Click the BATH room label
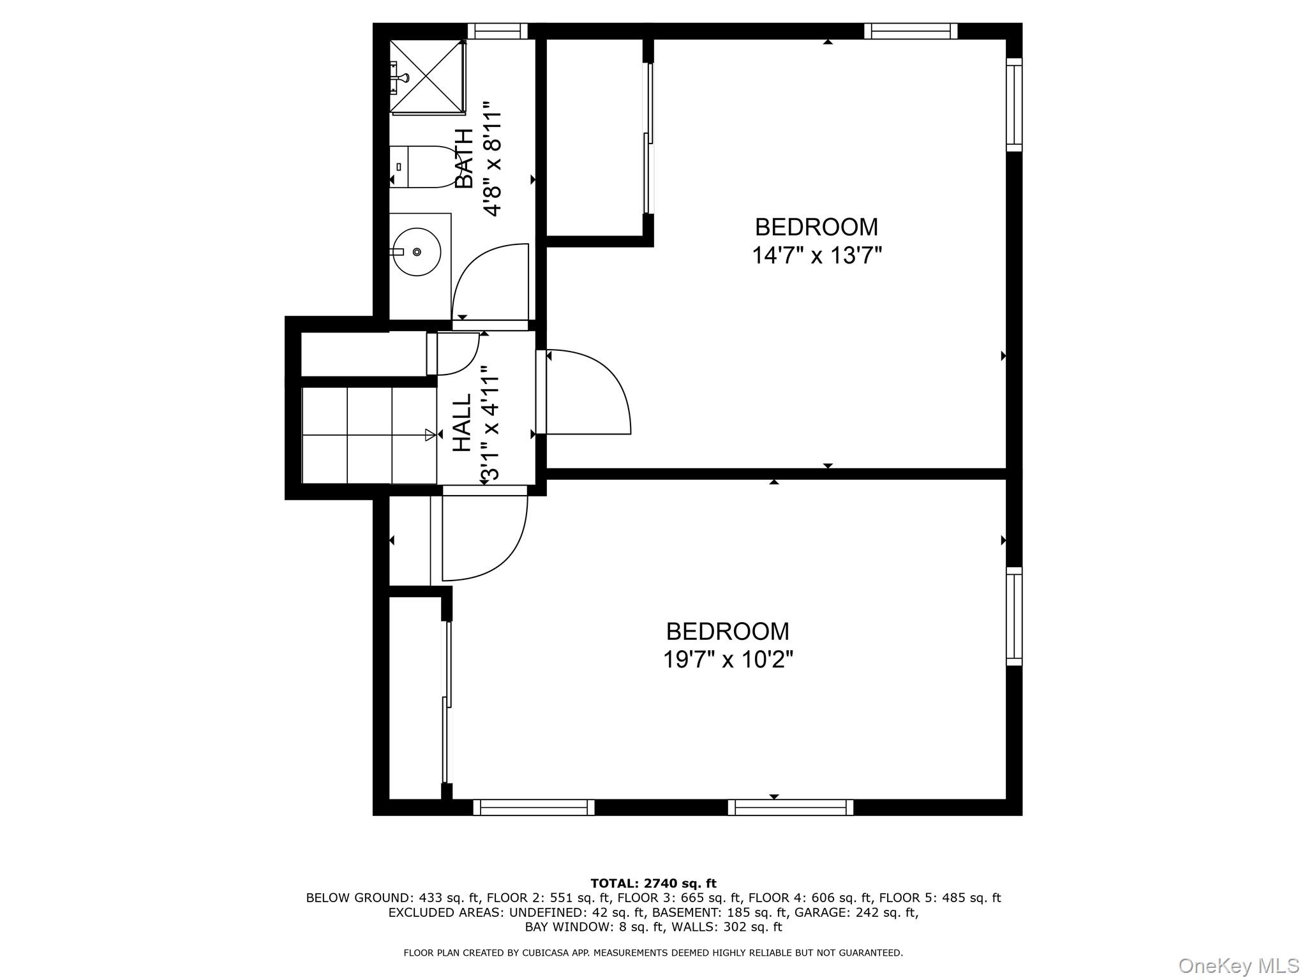[x=464, y=158]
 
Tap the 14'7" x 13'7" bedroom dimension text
[x=816, y=256]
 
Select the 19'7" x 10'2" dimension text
[x=728, y=660]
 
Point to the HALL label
[x=462, y=422]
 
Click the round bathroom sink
[x=416, y=252]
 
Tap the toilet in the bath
[x=418, y=167]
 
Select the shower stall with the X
[x=427, y=76]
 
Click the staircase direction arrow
[x=431, y=435]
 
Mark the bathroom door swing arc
[x=488, y=281]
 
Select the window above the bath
[x=498, y=31]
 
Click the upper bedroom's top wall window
[x=911, y=31]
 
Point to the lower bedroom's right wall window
[x=1014, y=616]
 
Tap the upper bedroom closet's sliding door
[x=648, y=138]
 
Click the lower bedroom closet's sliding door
[x=447, y=702]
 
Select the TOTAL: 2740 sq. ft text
[x=653, y=884]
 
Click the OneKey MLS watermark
[x=1238, y=965]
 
